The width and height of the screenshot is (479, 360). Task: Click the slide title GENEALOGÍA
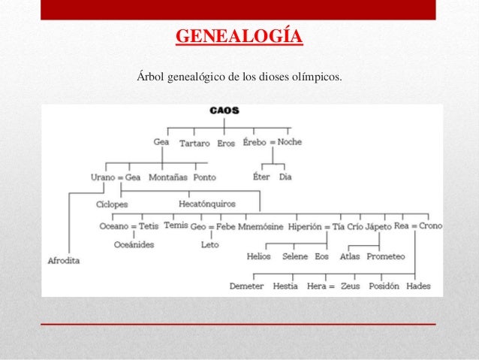[x=239, y=37]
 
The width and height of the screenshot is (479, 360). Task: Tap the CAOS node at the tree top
[x=224, y=110]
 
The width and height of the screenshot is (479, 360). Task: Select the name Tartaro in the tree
[x=194, y=143]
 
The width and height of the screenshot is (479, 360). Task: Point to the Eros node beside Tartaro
[x=226, y=143]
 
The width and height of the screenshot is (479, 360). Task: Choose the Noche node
[x=290, y=142]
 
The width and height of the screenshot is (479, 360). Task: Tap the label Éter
[x=261, y=177]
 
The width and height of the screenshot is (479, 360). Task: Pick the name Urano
[x=103, y=177]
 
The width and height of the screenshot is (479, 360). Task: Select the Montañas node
[x=167, y=177]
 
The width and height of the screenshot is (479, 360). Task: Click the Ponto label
[x=204, y=177]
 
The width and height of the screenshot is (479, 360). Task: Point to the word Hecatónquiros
[x=206, y=204]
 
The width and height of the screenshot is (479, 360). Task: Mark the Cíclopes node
[x=112, y=204]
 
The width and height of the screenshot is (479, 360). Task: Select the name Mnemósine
[x=261, y=225]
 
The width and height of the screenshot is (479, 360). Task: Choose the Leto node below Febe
[x=209, y=244]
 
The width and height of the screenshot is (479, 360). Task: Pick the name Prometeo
[x=386, y=256]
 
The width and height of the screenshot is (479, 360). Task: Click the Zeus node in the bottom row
[x=349, y=286]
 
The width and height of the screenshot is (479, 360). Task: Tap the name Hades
[x=418, y=286]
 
